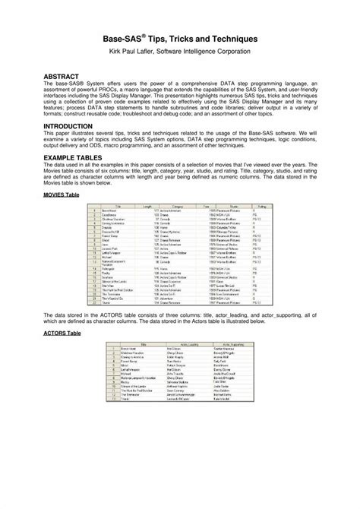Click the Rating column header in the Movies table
262,206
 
